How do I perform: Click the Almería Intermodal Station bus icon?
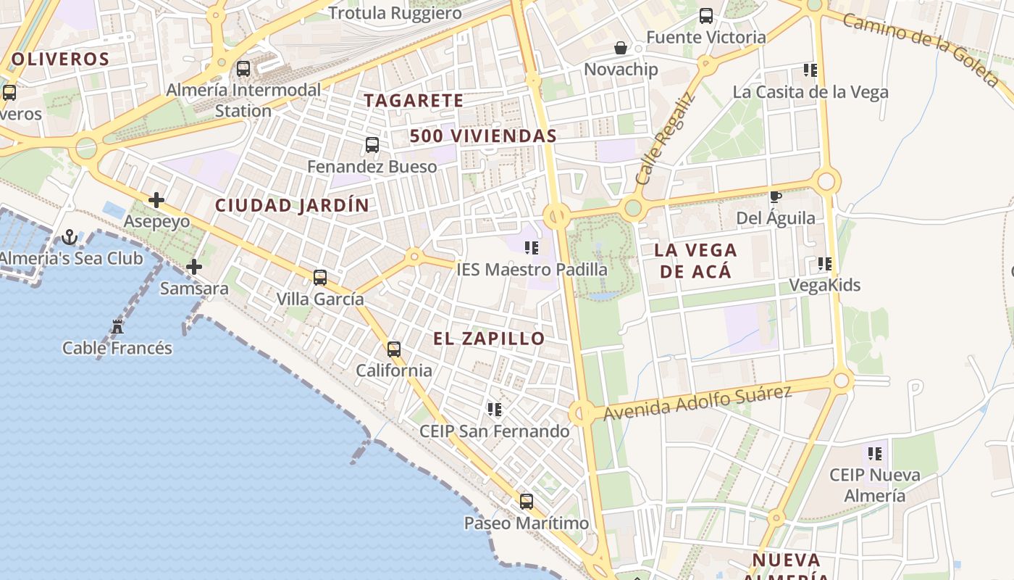point(243,69)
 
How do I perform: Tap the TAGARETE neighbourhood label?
point(414,101)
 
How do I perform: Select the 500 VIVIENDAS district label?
point(483,136)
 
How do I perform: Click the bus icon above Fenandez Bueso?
point(372,145)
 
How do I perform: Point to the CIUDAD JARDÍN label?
point(292,205)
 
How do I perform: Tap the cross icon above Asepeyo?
point(156,200)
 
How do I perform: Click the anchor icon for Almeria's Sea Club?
point(70,237)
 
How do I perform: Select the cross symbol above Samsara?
point(194,267)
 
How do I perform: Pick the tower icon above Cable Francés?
point(117,327)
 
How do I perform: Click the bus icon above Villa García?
point(320,277)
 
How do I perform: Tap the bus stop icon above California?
point(394,349)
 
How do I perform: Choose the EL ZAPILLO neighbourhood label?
point(489,339)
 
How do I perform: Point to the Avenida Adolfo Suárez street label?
point(697,403)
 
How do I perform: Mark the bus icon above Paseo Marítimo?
point(527,502)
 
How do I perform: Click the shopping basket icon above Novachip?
point(621,48)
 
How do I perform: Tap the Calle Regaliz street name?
point(664,138)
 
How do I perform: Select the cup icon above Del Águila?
point(775,196)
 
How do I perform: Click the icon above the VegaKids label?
point(824,264)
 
